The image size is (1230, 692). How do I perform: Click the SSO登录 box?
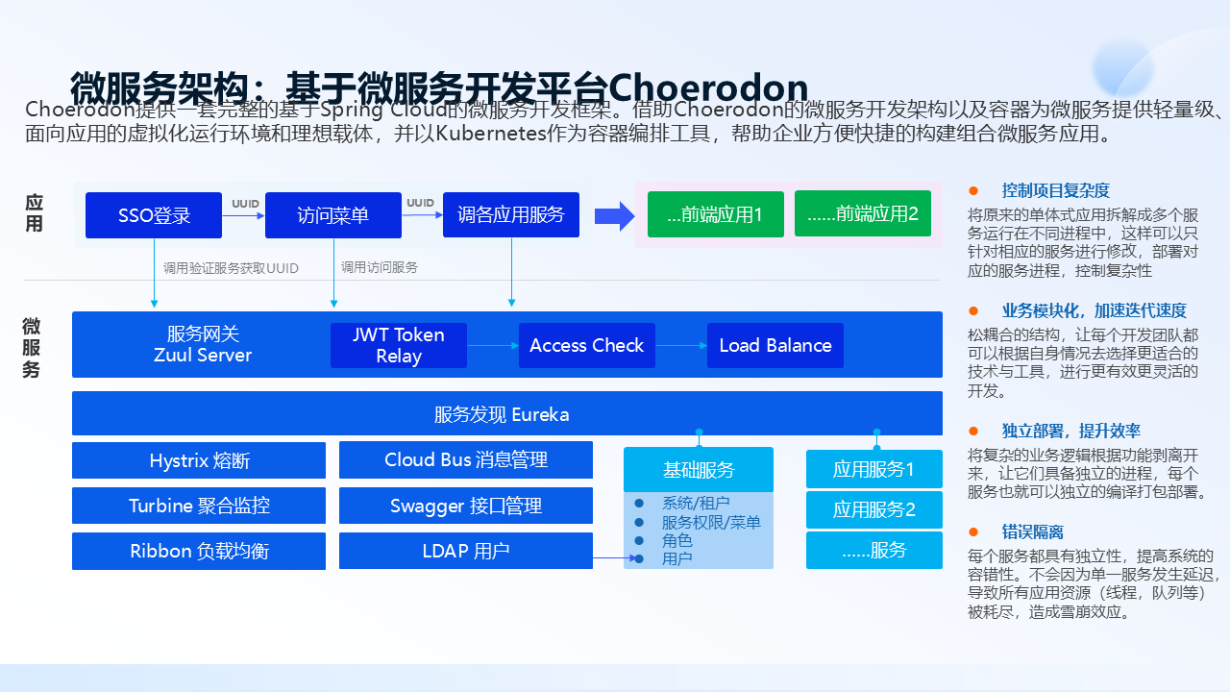pos(154,215)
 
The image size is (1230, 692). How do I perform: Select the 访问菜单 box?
pos(332,215)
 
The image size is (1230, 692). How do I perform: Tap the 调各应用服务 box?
pos(511,215)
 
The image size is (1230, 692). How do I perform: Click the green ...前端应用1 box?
pos(715,214)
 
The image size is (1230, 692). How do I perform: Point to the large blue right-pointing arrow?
pos(614,215)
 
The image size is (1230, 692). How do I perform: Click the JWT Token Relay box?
pos(399,345)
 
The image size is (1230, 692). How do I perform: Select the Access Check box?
pos(586,345)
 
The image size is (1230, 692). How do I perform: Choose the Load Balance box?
pos(775,345)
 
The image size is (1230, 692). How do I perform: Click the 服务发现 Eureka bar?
pos(506,414)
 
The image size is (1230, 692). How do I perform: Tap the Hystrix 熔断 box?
pos(199,460)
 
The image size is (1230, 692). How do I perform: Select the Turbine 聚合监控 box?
pos(199,506)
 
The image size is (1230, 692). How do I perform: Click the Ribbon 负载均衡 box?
pos(199,551)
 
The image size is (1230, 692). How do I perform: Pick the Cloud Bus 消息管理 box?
pos(466,460)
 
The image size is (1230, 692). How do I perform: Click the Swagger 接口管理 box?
pos(466,506)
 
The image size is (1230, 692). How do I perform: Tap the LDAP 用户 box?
pos(466,551)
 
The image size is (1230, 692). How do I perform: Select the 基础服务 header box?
pos(699,470)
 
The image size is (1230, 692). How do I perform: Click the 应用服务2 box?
pos(873,509)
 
